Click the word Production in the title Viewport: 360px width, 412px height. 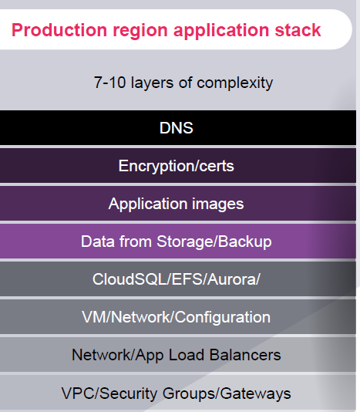59,29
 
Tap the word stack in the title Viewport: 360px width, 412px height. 298,29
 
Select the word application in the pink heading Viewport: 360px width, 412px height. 221,31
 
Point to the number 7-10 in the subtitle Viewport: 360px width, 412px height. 109,83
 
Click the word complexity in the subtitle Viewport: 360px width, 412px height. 235,83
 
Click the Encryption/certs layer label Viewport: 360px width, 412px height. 177,167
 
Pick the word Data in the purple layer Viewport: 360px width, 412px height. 98,241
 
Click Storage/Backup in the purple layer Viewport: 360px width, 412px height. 214,241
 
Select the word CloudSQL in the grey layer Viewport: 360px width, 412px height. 130,279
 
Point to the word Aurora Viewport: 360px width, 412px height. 232,279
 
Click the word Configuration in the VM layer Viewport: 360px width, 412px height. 223,317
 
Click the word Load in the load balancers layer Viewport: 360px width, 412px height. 187,355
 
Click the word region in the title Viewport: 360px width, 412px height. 140,31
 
